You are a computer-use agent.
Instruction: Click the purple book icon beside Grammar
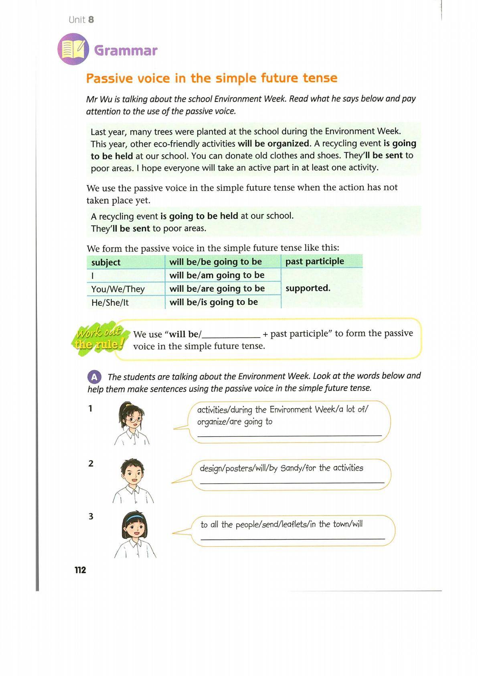click(x=74, y=50)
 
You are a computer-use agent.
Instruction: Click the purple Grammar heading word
click(x=126, y=51)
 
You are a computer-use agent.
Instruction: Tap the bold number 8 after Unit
click(x=91, y=20)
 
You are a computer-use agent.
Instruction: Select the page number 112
click(x=80, y=570)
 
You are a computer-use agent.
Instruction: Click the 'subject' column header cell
click(x=106, y=262)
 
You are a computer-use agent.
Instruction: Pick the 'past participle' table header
click(x=315, y=261)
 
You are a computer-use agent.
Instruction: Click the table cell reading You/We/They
click(x=118, y=289)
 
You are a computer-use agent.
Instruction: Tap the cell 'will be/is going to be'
click(x=214, y=302)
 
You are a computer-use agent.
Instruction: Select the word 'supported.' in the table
click(x=308, y=288)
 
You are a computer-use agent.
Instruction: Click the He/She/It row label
click(x=110, y=303)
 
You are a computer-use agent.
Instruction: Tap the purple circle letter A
click(x=94, y=377)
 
